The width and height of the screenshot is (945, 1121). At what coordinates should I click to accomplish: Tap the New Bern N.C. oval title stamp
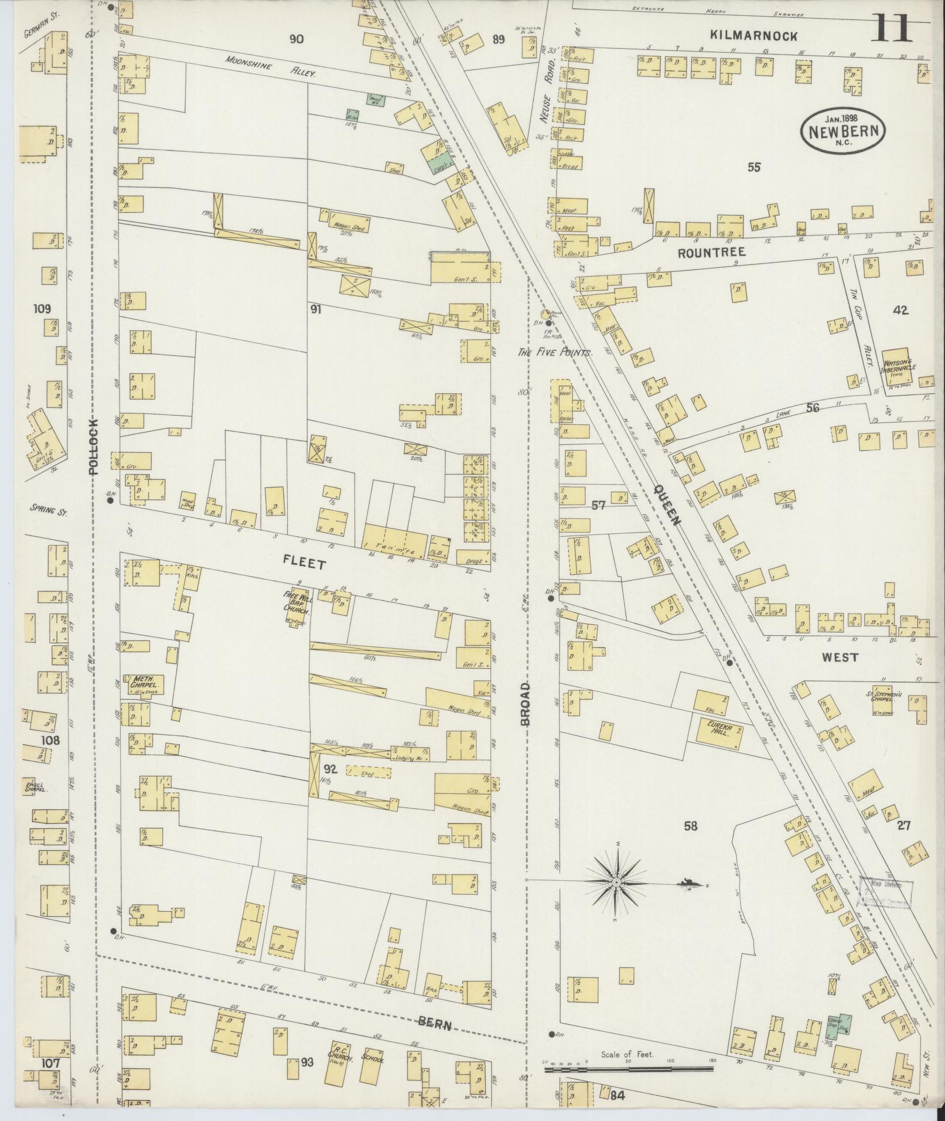[843, 132]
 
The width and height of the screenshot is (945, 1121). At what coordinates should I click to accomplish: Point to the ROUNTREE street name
[711, 253]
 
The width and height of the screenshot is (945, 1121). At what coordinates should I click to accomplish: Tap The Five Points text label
[555, 353]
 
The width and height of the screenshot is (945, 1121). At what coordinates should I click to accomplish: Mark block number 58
[691, 827]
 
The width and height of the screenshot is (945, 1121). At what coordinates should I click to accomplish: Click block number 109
[43, 309]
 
